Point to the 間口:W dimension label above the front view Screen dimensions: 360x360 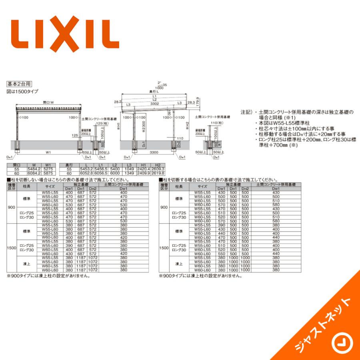(48, 103)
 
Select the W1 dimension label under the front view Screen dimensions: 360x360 (48, 152)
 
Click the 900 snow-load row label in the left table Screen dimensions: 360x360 (12, 208)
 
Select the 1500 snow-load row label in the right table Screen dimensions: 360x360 (164, 248)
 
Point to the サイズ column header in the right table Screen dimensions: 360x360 (202, 186)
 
